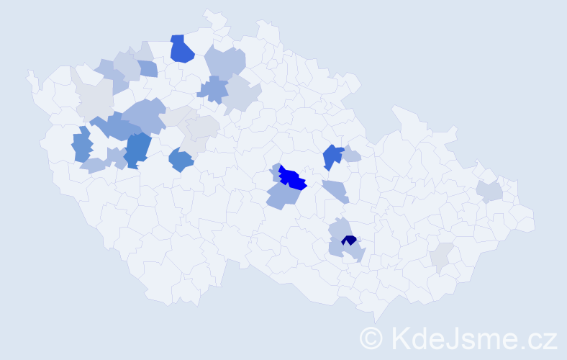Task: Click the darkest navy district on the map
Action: pos(349,240)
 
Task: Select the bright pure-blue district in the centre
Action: pos(293,178)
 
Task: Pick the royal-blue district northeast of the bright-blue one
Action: pos(332,156)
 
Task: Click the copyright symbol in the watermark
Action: pos(372,337)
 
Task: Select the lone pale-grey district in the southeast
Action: pos(441,256)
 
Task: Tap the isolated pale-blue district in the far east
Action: pos(489,192)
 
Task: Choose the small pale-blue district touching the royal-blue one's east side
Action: pos(351,155)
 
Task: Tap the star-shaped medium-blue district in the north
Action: pos(212,89)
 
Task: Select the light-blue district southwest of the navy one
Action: pos(336,248)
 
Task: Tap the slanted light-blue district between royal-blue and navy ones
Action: pos(336,192)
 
